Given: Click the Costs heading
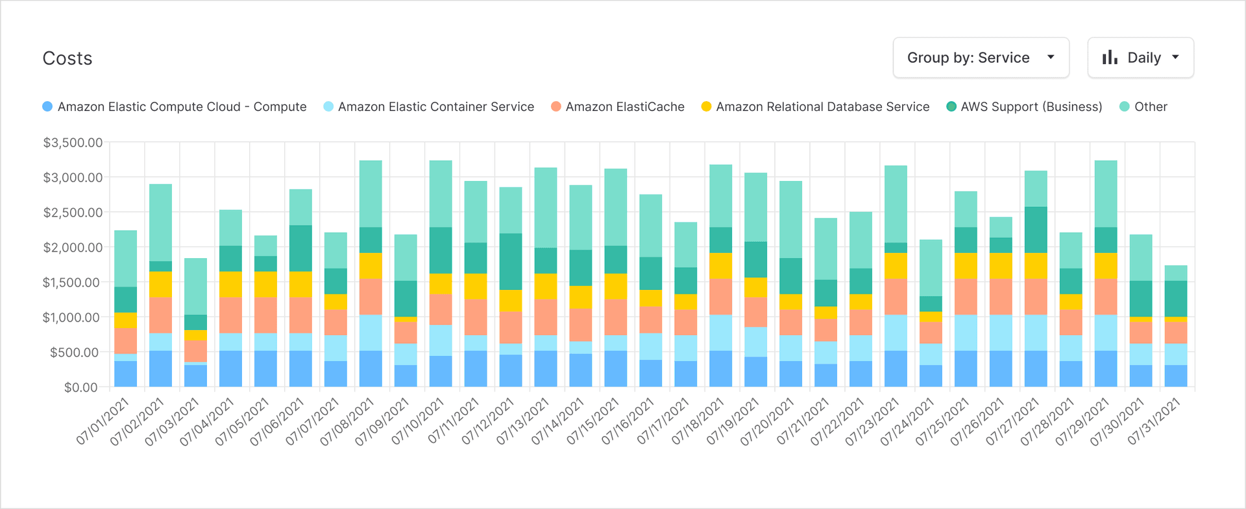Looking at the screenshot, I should pos(67,58).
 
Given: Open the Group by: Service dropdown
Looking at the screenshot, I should pos(981,58).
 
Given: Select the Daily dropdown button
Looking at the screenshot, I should pos(1140,58).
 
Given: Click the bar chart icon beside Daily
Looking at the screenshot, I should pos(1110,58).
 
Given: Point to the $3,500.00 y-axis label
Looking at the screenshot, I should pos(73,142).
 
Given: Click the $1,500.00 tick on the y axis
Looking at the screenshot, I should pos(71,282).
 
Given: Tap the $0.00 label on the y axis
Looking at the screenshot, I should pos(81,387).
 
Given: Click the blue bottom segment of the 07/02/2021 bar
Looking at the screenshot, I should pos(160,369).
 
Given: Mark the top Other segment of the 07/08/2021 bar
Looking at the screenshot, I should pos(371,193).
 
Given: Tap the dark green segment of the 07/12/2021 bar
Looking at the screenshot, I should pos(511,261).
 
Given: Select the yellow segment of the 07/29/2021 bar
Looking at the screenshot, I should pos(1106,265).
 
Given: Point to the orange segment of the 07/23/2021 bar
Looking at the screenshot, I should pos(896,296).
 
